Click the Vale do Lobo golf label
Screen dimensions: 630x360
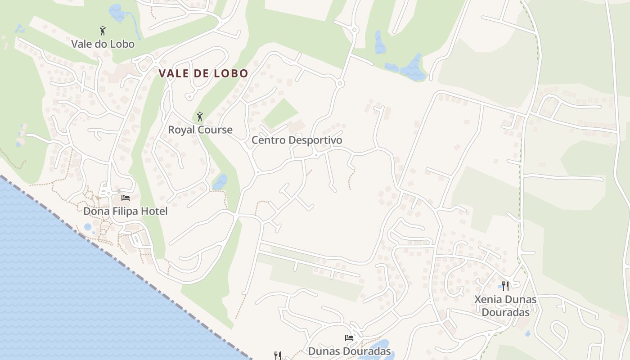103,44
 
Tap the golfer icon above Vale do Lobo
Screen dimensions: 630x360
103,31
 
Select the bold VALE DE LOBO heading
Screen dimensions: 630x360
203,73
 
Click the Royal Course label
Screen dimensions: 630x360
200,130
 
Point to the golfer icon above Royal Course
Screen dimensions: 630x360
200,117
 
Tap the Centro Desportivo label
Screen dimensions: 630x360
297,140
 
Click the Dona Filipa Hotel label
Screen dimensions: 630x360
125,211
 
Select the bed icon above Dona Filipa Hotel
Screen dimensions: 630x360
126,198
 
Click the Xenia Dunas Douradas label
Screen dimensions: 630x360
505,305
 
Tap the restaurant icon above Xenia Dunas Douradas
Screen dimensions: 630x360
505,286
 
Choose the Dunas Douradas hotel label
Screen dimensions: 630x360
349,351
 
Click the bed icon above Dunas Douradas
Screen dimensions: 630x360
349,337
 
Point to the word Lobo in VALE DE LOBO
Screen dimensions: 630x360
231,73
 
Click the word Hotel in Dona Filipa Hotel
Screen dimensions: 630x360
153,211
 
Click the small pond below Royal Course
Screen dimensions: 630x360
220,182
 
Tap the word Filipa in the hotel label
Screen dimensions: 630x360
122,211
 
